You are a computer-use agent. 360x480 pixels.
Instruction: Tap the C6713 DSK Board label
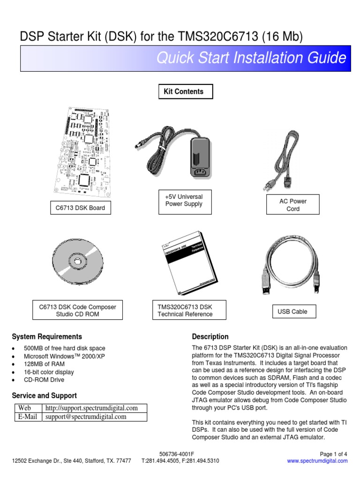(x=80, y=207)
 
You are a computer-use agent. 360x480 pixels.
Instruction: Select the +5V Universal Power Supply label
(x=184, y=200)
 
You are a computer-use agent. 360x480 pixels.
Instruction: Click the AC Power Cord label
(x=292, y=205)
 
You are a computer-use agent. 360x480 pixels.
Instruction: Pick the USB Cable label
(x=293, y=311)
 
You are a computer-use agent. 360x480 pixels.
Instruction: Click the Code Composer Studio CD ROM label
(x=77, y=310)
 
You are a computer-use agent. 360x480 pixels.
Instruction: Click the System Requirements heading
(x=47, y=337)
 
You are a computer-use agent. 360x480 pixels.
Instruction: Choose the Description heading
(x=210, y=337)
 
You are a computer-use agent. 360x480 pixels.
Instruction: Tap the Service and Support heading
(x=45, y=396)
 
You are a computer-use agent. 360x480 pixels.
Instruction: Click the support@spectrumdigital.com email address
(x=85, y=417)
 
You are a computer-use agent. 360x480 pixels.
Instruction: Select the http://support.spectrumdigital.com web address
(x=91, y=408)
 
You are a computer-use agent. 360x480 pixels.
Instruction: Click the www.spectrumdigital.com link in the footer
(x=317, y=461)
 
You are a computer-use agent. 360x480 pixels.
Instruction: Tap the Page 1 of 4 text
(x=333, y=454)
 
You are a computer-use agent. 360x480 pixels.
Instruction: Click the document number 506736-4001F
(x=177, y=454)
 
